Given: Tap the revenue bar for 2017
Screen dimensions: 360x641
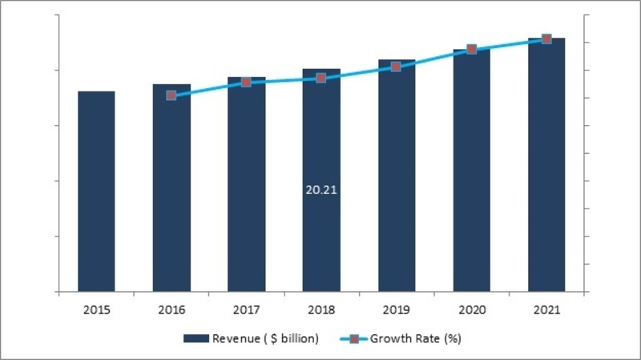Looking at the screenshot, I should pyautogui.click(x=246, y=184).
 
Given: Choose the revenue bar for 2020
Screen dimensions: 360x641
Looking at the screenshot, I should pyautogui.click(x=471, y=170).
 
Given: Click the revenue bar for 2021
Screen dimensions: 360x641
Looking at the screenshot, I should pyautogui.click(x=546, y=164).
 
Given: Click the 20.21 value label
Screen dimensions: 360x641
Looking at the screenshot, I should pyautogui.click(x=320, y=192).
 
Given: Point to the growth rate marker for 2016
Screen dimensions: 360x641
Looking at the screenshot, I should pyautogui.click(x=171, y=95).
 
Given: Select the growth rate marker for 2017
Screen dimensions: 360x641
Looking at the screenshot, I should pyautogui.click(x=246, y=82).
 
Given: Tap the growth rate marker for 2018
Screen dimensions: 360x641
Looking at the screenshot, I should pyautogui.click(x=320, y=78).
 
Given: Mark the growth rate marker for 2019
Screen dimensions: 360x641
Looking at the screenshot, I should pyautogui.click(x=396, y=67).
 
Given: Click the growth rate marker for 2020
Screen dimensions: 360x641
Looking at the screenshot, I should pyautogui.click(x=471, y=49).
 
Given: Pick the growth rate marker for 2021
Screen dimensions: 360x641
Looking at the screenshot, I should pyautogui.click(x=546, y=38).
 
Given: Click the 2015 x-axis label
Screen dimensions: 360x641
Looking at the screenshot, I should pyautogui.click(x=96, y=309).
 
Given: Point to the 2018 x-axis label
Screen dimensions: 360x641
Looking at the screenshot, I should pyautogui.click(x=320, y=309).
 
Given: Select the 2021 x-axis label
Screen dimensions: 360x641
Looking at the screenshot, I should pyautogui.click(x=546, y=309).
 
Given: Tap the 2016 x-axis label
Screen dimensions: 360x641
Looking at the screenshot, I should pyautogui.click(x=171, y=309).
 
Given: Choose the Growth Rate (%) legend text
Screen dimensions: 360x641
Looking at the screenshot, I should pyautogui.click(x=420, y=339).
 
